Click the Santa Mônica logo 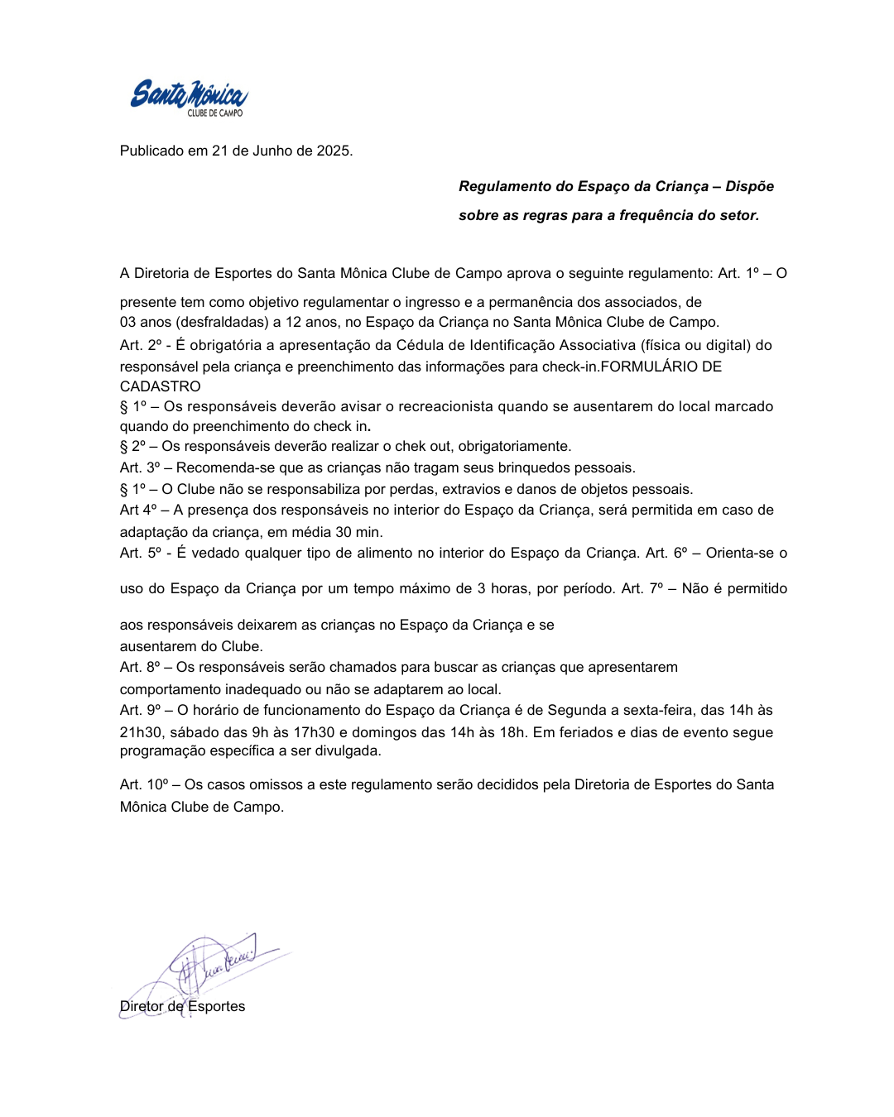pos(189,98)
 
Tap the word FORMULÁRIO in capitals pos(649,367)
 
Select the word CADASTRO pos(161,386)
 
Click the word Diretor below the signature pos(142,1006)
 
